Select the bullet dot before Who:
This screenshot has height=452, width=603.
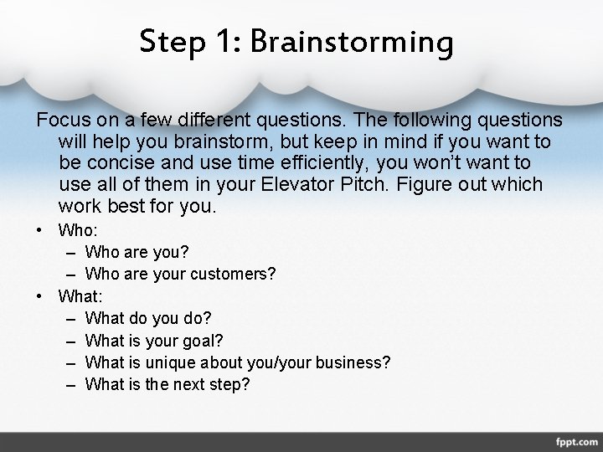[x=39, y=229]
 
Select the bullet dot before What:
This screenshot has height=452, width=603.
[x=39, y=295]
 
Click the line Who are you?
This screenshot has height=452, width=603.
[x=137, y=251]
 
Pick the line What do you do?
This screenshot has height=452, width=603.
[x=148, y=318]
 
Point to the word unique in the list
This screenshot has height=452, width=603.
[x=168, y=362]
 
